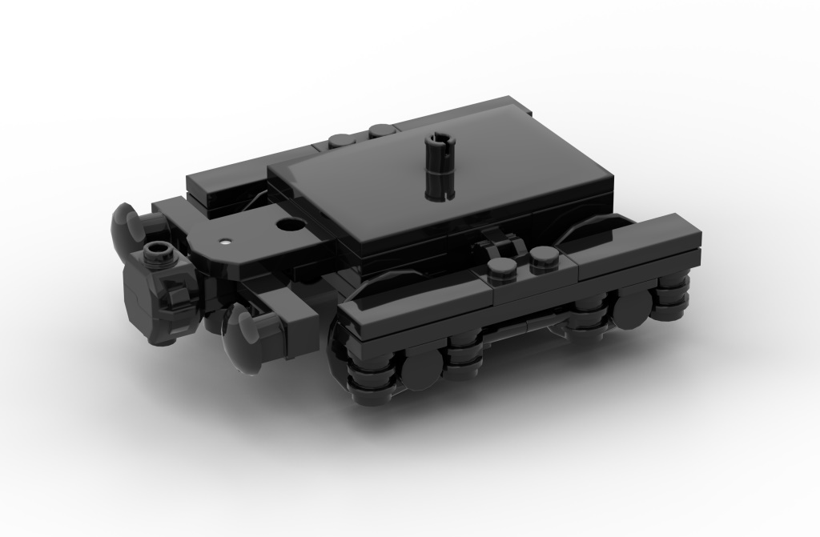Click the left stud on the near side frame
[x=500, y=267]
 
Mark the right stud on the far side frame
[x=379, y=130]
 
